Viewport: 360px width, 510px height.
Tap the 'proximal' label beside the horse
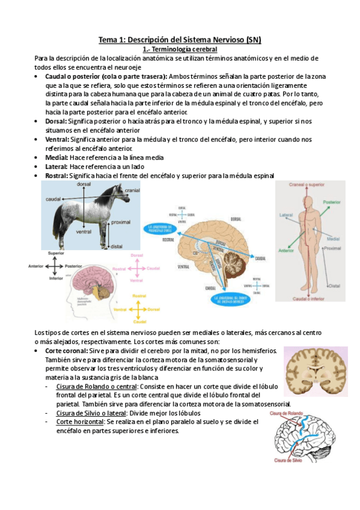[121, 222]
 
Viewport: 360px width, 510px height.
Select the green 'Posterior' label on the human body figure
[332, 203]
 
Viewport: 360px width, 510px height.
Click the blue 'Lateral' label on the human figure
[286, 215]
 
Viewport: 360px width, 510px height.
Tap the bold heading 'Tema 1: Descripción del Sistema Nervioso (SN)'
[180, 40]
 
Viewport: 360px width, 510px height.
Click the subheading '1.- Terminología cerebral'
[180, 49]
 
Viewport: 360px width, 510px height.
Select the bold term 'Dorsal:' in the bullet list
[56, 121]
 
